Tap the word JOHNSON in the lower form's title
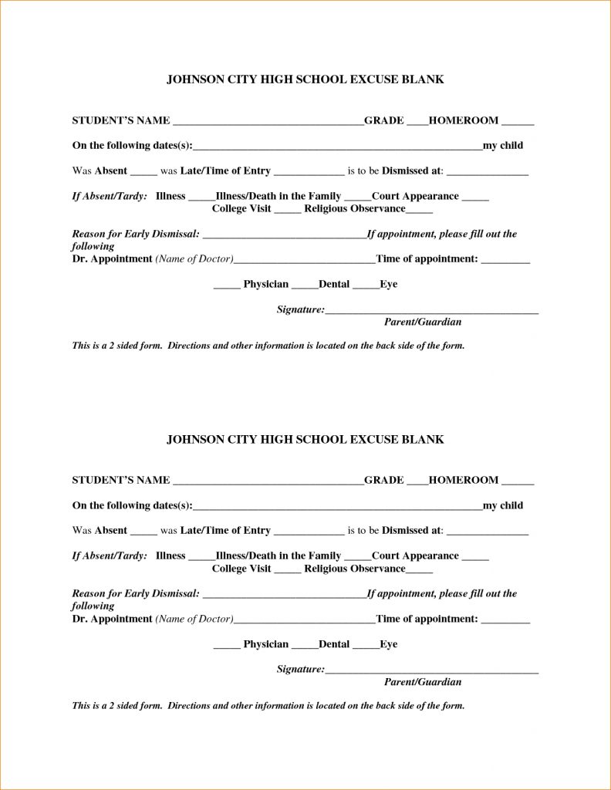tap(194, 439)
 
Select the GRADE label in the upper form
tap(384, 120)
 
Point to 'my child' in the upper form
tap(503, 146)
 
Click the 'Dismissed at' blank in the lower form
tap(488, 532)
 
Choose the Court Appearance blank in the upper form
tap(475, 198)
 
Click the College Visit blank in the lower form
tap(288, 571)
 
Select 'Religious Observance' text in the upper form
tap(354, 209)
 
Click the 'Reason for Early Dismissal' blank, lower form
tap(283, 596)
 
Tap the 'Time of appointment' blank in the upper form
tap(506, 262)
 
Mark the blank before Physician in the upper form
tap(227, 286)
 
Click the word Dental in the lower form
tap(334, 644)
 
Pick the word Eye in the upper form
tap(389, 285)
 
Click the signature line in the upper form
tap(431, 312)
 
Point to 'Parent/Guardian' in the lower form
tap(423, 682)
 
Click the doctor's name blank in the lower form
tap(305, 621)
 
